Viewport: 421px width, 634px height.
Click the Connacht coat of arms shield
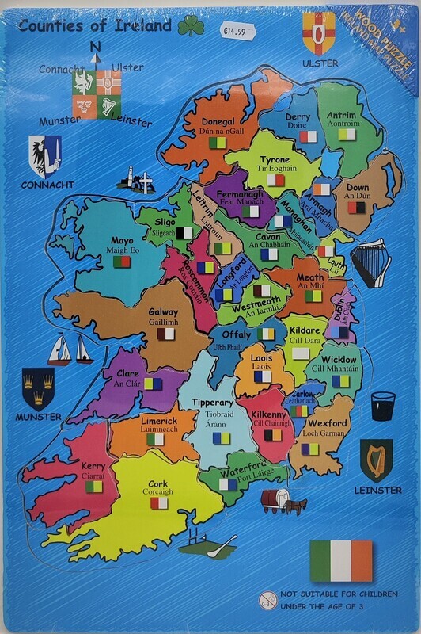point(44,155)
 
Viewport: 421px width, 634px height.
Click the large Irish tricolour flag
point(341,560)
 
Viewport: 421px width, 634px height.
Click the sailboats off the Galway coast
point(70,349)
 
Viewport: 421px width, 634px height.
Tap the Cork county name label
point(157,483)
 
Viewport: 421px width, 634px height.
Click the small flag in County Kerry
point(93,491)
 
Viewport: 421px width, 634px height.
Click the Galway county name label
point(163,312)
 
